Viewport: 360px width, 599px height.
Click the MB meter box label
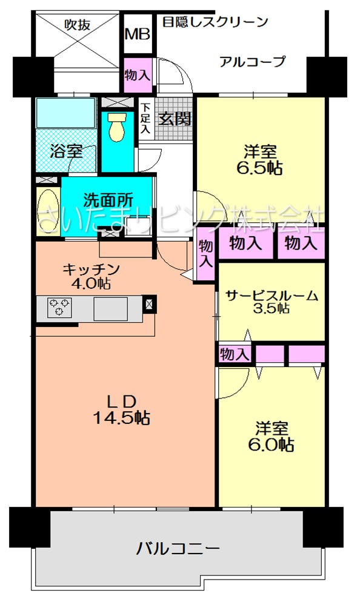tap(138, 35)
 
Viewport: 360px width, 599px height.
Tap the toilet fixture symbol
tap(117, 127)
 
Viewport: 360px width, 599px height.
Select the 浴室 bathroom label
tap(67, 151)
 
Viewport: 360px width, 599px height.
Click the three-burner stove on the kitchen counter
tap(59, 307)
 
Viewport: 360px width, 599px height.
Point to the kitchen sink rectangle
tap(110, 309)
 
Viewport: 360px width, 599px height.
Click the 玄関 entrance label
tap(175, 119)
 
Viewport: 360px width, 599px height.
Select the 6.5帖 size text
tap(260, 168)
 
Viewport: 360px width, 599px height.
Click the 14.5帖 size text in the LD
tap(122, 418)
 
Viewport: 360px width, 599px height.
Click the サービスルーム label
tap(272, 296)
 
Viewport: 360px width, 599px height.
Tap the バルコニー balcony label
tap(178, 549)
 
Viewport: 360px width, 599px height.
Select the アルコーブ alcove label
tap(253, 61)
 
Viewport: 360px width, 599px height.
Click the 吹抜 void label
tap(78, 25)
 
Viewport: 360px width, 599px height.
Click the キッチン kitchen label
tap(91, 270)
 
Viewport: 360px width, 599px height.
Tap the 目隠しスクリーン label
tap(215, 22)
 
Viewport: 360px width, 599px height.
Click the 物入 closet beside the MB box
tap(138, 75)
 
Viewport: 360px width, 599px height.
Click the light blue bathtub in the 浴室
tap(65, 113)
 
